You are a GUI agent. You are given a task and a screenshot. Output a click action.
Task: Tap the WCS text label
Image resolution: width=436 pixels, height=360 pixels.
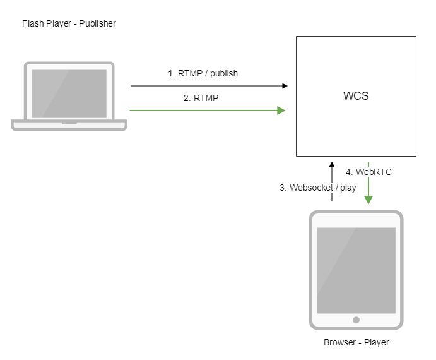click(x=356, y=97)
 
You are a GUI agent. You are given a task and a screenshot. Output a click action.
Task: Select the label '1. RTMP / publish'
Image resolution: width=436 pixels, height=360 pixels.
click(x=203, y=73)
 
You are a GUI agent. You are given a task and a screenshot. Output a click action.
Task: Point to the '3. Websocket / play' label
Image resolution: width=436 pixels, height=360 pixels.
click(x=317, y=188)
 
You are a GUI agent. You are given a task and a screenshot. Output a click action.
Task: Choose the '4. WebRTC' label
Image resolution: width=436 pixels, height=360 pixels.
click(x=369, y=171)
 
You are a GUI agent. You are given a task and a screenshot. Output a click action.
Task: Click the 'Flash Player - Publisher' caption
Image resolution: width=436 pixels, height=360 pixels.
click(x=69, y=24)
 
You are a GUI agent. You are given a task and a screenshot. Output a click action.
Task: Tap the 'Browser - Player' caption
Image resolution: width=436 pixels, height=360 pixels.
click(x=356, y=342)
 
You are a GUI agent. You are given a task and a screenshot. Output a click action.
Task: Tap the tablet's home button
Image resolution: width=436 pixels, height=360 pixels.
click(x=356, y=320)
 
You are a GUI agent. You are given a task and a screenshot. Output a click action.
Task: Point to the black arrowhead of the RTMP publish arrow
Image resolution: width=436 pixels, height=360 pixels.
click(x=285, y=86)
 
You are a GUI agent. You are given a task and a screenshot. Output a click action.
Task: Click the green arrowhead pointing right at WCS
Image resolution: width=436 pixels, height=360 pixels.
click(x=281, y=111)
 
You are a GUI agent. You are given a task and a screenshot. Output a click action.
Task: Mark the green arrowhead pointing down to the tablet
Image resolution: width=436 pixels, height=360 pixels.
click(x=368, y=200)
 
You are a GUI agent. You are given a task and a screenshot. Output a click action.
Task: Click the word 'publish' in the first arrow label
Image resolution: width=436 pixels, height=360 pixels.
click(x=224, y=73)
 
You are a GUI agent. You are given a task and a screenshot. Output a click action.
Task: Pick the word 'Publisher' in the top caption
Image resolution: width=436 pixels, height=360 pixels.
click(x=98, y=24)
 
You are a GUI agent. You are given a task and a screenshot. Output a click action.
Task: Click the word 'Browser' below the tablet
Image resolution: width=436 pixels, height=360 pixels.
click(x=339, y=342)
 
